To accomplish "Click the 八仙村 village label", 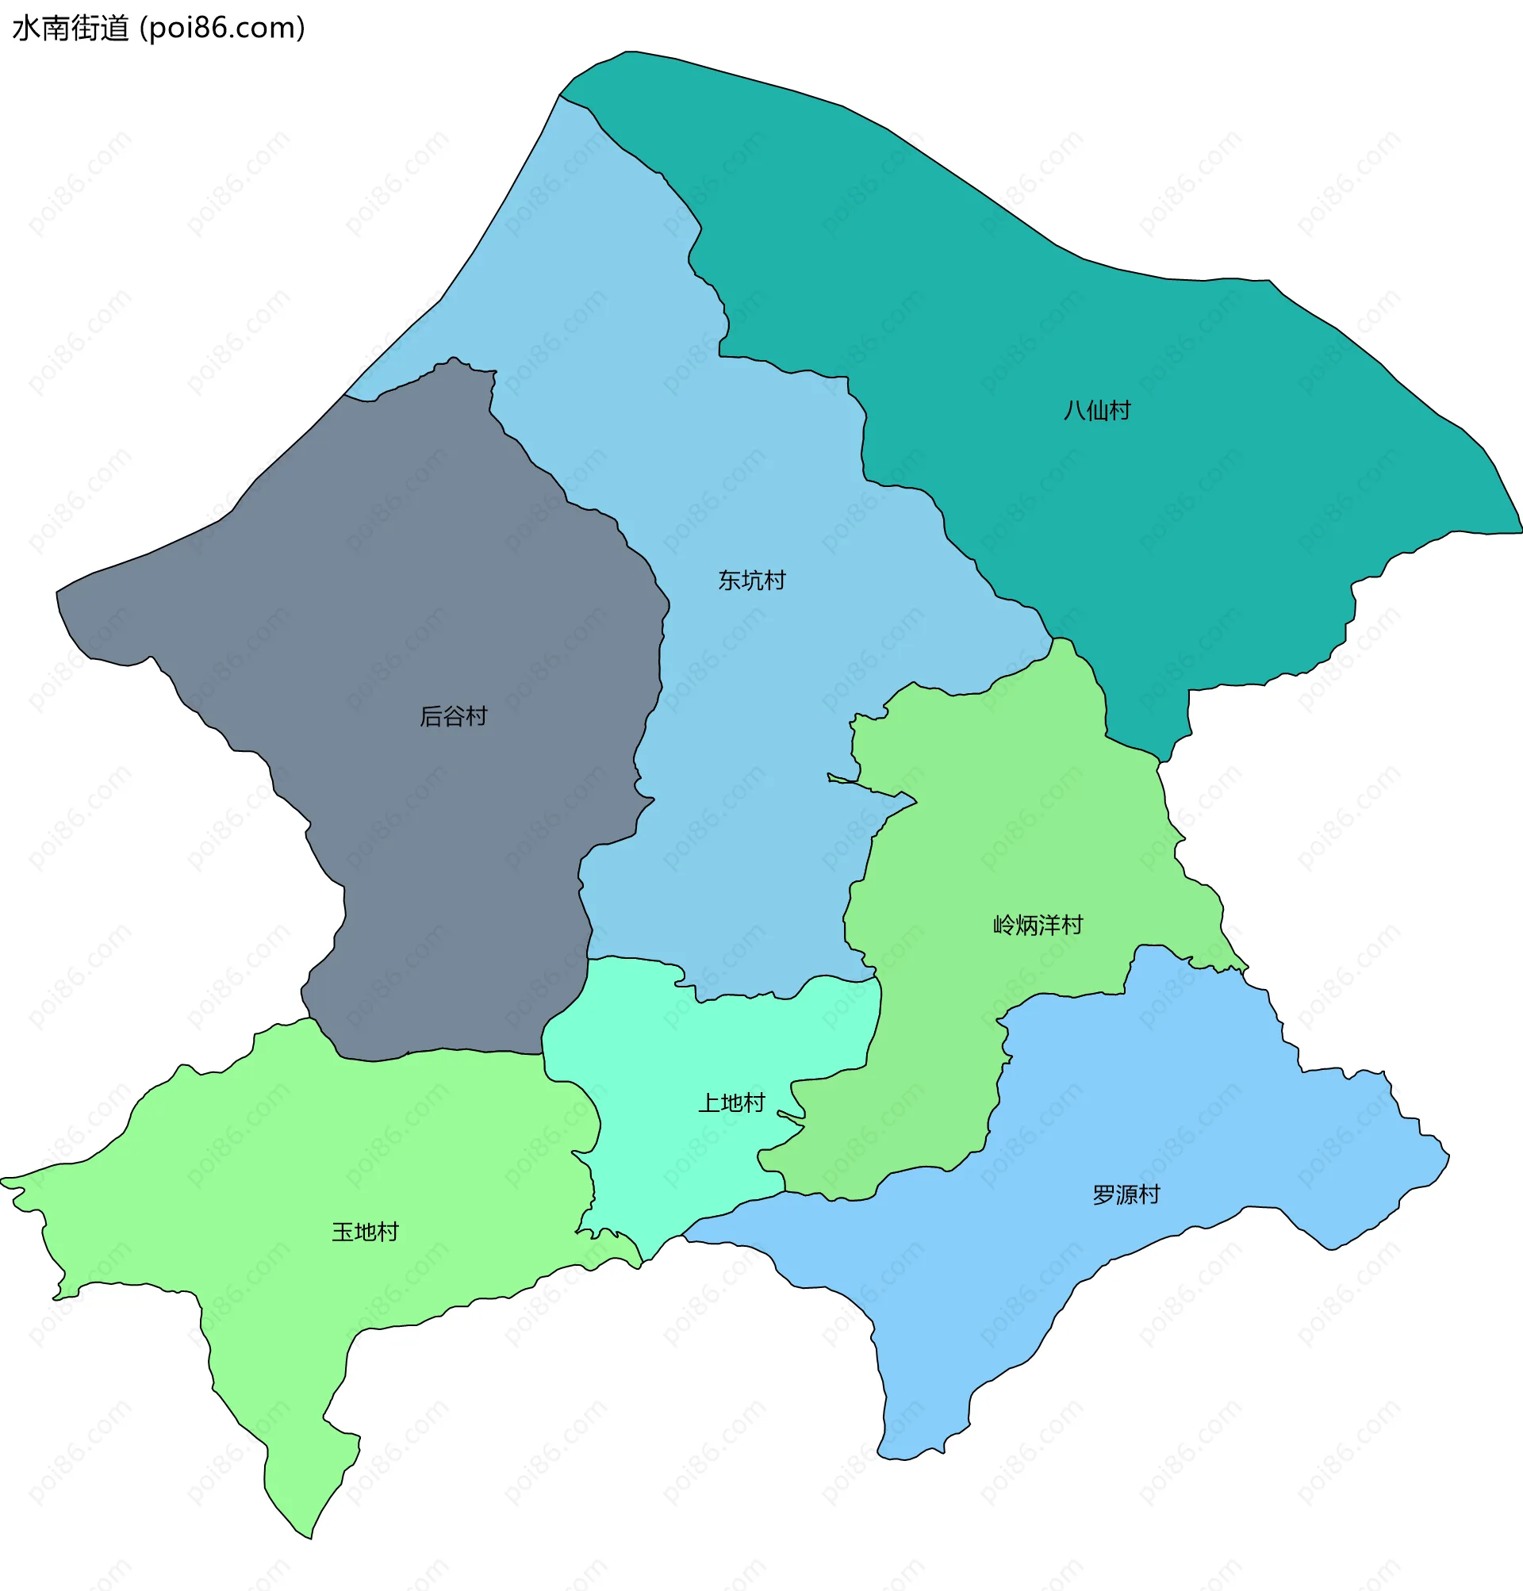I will point(1097,411).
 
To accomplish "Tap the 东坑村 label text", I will point(752,581).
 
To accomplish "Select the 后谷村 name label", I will point(453,716).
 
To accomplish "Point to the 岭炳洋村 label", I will point(1038,925).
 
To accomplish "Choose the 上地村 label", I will point(731,1102).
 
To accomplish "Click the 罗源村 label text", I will point(1126,1194).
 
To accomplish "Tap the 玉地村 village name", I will point(366,1232).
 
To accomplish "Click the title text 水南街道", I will point(71,29).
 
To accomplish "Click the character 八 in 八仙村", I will point(1074,411).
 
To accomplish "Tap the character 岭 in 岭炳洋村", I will point(1004,925).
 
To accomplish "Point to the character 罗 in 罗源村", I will point(1103,1194).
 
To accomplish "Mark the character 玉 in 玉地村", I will point(343,1232).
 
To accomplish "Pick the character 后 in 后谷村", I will point(430,716).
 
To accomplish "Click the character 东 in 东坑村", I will point(729,581).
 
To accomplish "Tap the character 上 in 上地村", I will point(708,1102).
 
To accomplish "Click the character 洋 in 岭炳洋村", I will point(1049,925).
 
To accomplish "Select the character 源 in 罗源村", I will point(1126,1194).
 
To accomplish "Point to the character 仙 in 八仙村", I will point(1097,411).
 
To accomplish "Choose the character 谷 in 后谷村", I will point(453,716).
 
